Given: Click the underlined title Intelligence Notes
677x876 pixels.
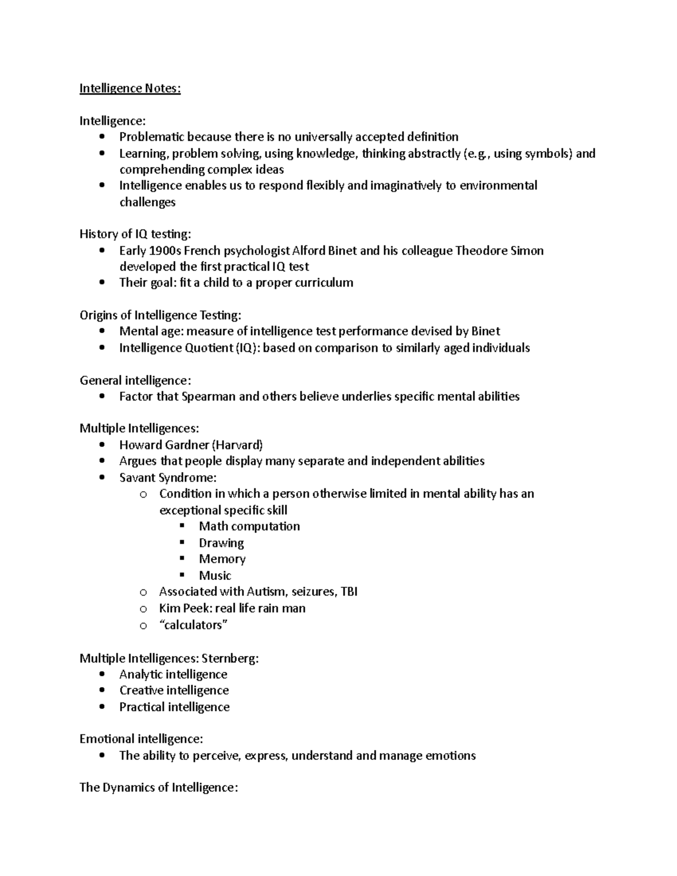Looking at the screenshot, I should pyautogui.click(x=130, y=89).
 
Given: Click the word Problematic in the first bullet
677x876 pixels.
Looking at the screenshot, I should pyautogui.click(x=152, y=137).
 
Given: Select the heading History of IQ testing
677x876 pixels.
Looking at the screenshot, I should pyautogui.click(x=135, y=234).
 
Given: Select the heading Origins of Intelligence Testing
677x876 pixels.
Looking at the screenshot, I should pyautogui.click(x=160, y=315).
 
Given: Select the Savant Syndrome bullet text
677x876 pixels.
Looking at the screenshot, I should pyautogui.click(x=168, y=478).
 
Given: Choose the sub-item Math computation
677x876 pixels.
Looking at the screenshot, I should pyautogui.click(x=249, y=526).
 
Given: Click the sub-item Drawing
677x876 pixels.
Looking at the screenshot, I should pyautogui.click(x=221, y=543).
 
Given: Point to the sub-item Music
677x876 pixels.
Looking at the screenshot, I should pyautogui.click(x=215, y=576).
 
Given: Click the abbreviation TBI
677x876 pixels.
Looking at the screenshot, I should pyautogui.click(x=349, y=592).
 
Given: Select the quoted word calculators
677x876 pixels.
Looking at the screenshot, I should pyautogui.click(x=194, y=625).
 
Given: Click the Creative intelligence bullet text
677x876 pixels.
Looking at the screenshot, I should pyautogui.click(x=174, y=690).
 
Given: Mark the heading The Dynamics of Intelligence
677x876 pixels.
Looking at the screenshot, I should pyautogui.click(x=159, y=787).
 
